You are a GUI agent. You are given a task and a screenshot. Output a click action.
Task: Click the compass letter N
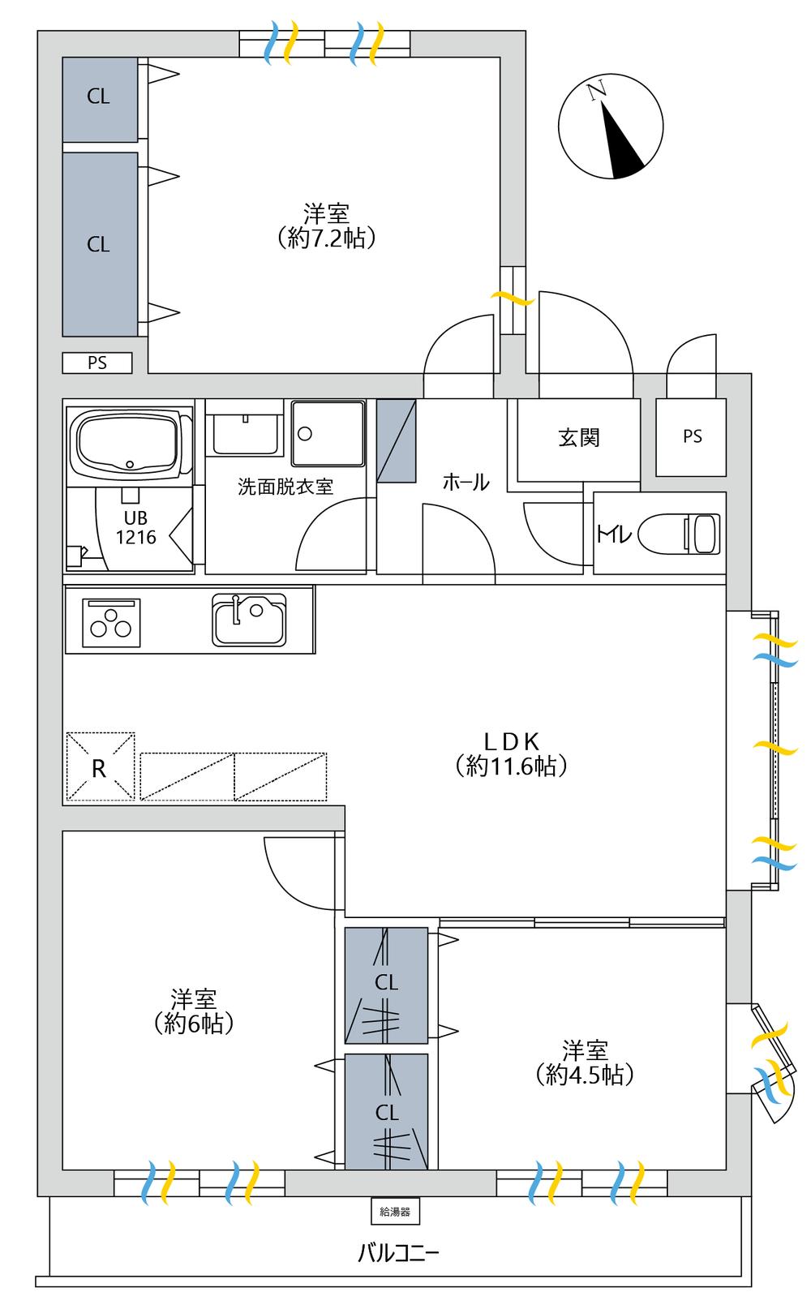tap(596, 91)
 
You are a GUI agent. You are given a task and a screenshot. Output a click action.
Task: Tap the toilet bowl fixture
tap(680, 533)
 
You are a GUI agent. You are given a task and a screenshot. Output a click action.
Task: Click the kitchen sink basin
tap(249, 620)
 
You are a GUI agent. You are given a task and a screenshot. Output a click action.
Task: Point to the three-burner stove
tap(111, 623)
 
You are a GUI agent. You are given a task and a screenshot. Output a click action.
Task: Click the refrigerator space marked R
tap(101, 766)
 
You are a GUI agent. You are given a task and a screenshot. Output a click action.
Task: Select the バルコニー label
tap(398, 1252)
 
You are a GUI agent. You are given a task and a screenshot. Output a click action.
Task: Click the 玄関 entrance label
tap(579, 437)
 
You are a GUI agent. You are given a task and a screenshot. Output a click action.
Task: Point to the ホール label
tap(466, 483)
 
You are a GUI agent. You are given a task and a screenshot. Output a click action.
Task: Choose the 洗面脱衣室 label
tap(285, 487)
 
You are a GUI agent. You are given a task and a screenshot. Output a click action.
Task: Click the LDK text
tap(512, 741)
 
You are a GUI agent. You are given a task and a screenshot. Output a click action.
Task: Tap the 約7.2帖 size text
tap(326, 238)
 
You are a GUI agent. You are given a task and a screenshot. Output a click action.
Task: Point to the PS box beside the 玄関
tap(691, 437)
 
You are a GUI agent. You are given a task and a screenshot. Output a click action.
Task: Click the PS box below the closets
tap(97, 363)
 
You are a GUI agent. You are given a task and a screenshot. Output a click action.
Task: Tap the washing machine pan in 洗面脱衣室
tap(328, 433)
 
